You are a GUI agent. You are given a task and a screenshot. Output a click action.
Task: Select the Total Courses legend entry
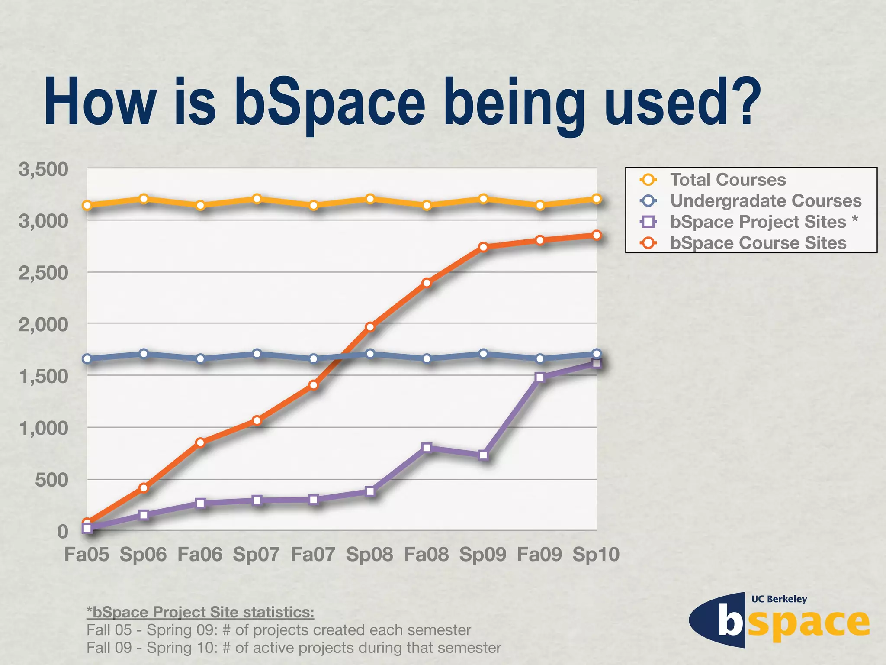pyautogui.click(x=728, y=180)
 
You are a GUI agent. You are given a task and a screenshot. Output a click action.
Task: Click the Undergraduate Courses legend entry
pyautogui.click(x=765, y=201)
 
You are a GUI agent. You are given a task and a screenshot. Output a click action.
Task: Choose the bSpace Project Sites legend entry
pyautogui.click(x=758, y=222)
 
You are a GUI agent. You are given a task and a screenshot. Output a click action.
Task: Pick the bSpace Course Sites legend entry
pyautogui.click(x=758, y=243)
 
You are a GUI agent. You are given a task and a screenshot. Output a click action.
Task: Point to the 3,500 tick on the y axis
pyautogui.click(x=43, y=169)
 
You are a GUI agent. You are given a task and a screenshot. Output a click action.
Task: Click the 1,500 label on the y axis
pyautogui.click(x=43, y=376)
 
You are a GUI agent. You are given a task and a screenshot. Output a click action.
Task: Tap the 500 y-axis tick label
pyautogui.click(x=51, y=480)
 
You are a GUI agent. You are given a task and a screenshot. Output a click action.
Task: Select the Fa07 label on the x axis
pyautogui.click(x=313, y=555)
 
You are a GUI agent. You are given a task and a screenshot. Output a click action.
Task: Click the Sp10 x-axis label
pyautogui.click(x=596, y=555)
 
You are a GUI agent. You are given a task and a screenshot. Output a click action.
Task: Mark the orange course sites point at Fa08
pyautogui.click(x=427, y=283)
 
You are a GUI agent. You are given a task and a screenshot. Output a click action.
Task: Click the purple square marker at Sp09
pyautogui.click(x=484, y=455)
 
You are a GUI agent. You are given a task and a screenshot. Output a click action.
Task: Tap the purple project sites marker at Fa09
pyautogui.click(x=539, y=377)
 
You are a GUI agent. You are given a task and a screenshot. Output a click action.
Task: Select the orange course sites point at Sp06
pyautogui.click(x=144, y=488)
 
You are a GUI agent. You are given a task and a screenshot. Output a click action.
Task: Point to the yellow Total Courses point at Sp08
pyautogui.click(x=370, y=199)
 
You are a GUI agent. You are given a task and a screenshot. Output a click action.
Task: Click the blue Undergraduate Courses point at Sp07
pyautogui.click(x=257, y=354)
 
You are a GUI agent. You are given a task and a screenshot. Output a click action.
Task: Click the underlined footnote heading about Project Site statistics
pyautogui.click(x=200, y=612)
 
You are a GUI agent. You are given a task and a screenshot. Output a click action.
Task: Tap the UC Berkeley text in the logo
pyautogui.click(x=779, y=599)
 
